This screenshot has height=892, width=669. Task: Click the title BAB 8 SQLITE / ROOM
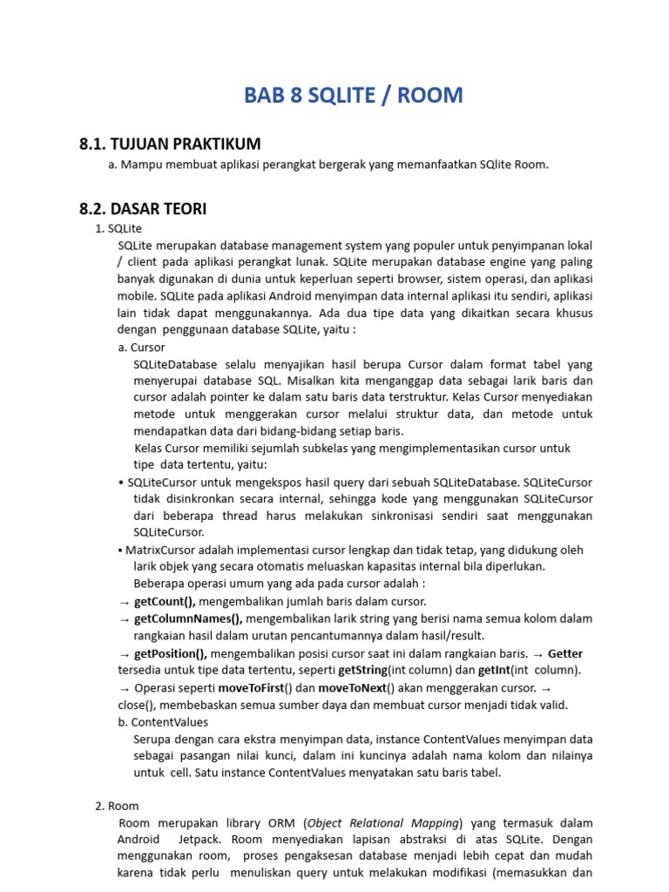[x=353, y=95]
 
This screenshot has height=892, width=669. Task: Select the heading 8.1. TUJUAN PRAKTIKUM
[x=170, y=144]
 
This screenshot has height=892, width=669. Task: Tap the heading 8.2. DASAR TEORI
[x=143, y=209]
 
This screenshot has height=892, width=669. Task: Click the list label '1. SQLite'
[x=118, y=228]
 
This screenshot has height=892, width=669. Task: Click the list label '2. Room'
[x=117, y=806]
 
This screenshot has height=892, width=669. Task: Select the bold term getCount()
[x=165, y=601]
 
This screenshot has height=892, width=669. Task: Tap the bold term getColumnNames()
[x=187, y=618]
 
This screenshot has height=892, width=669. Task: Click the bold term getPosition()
[x=171, y=653]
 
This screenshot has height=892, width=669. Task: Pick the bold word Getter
[x=565, y=653]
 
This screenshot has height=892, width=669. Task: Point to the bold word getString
[x=362, y=670]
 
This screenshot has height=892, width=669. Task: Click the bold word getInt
[x=494, y=670]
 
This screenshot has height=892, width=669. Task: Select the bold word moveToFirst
[x=252, y=687]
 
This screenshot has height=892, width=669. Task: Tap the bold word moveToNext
[x=351, y=687]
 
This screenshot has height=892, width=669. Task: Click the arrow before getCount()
[x=124, y=602]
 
